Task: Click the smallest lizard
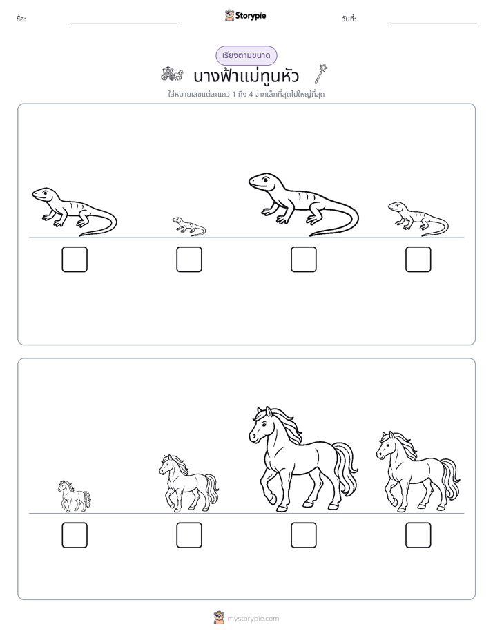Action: [x=188, y=226]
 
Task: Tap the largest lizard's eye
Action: [x=265, y=179]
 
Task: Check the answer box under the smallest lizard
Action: [x=189, y=259]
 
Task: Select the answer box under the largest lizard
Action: [x=303, y=259]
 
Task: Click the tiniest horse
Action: [x=74, y=496]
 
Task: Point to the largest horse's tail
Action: [x=346, y=468]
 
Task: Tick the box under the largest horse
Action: [x=303, y=535]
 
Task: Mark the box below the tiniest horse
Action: [x=75, y=535]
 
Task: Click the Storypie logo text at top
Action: [x=251, y=16]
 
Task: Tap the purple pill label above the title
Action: [x=246, y=55]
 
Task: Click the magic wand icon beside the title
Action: [x=321, y=73]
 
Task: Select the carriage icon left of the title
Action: [x=172, y=74]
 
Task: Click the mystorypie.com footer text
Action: [x=253, y=619]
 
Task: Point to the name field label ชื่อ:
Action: [x=21, y=19]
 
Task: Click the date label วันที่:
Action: [x=349, y=19]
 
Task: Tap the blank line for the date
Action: [x=434, y=23]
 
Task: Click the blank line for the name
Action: [x=123, y=23]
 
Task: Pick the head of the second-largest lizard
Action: [x=43, y=194]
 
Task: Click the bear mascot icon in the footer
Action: [x=219, y=618]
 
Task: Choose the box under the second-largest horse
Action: [x=418, y=535]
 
